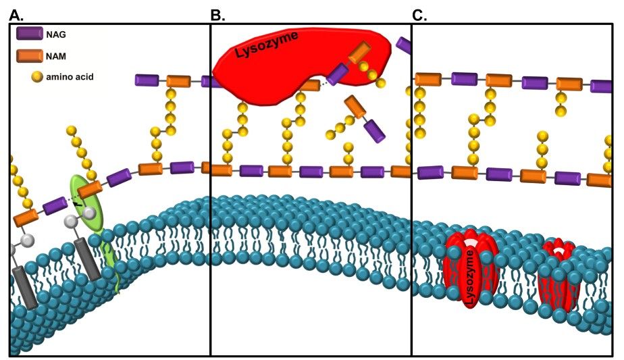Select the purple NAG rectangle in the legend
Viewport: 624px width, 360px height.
click(x=30, y=33)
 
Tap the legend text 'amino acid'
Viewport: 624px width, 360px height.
click(x=70, y=77)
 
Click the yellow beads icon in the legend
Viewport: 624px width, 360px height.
click(x=37, y=77)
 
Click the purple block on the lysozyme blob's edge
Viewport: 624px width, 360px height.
click(x=338, y=74)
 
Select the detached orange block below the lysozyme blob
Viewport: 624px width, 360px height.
click(x=355, y=107)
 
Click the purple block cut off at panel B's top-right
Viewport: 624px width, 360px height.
click(x=404, y=45)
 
